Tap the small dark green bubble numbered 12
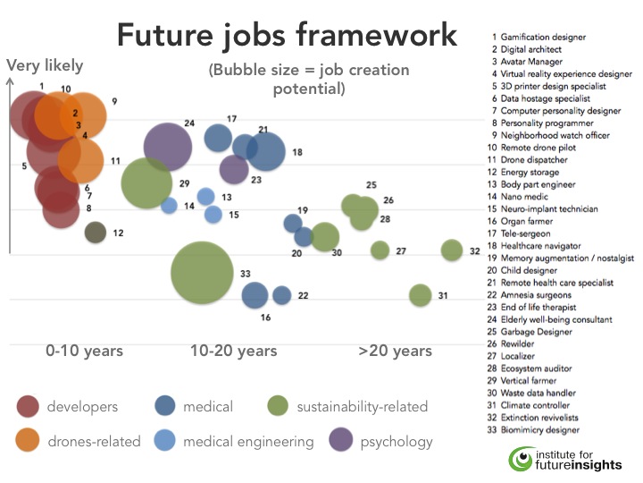tap(96, 233)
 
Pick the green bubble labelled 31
tap(420, 295)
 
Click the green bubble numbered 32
tap(452, 250)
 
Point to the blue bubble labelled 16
tap(255, 294)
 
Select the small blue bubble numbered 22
tap(281, 295)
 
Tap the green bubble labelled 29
tap(146, 182)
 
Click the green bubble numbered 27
tap(380, 250)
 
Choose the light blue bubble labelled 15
tap(213, 215)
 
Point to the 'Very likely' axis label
tap(45, 65)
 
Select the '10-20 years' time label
tap(233, 351)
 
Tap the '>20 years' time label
tap(395, 351)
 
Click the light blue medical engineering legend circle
tap(165, 441)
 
